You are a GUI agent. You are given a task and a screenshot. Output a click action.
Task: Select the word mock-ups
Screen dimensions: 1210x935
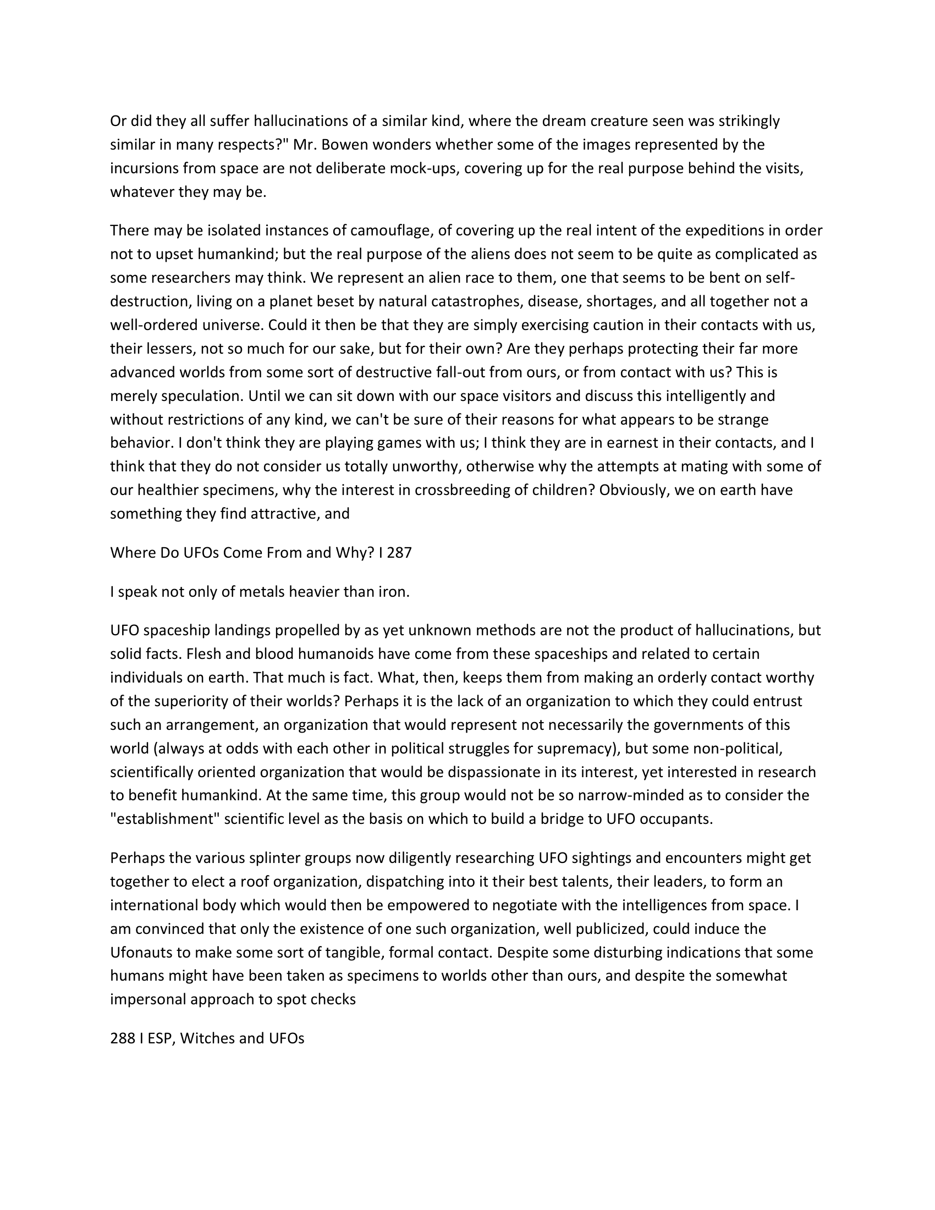click(x=425, y=168)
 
